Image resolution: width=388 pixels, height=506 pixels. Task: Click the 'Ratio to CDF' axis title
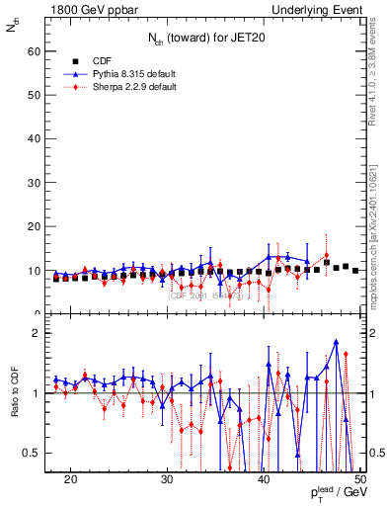coord(14,394)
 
